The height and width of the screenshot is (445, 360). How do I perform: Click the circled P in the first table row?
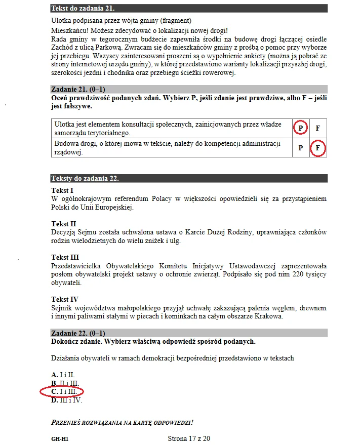click(x=300, y=129)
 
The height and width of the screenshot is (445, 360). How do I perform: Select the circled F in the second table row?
click(x=317, y=148)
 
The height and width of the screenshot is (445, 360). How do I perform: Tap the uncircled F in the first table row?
click(x=318, y=129)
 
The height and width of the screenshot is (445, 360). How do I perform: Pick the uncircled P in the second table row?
click(x=300, y=148)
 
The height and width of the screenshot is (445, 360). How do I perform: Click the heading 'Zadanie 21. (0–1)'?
click(x=78, y=89)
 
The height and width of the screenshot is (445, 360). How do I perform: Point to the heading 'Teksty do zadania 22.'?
click(x=85, y=178)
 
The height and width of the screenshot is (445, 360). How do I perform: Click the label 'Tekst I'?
click(x=62, y=190)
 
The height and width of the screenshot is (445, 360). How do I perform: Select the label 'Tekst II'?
click(x=64, y=224)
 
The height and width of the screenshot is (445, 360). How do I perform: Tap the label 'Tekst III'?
click(x=65, y=257)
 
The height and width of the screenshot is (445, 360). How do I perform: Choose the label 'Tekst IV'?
click(x=65, y=299)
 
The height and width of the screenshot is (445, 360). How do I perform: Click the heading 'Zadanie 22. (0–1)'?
click(x=78, y=333)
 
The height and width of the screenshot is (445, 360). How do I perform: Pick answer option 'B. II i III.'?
click(x=65, y=383)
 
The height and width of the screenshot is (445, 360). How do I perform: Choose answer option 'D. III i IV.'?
click(x=66, y=400)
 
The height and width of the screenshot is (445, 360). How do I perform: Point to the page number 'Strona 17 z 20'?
click(x=188, y=438)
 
